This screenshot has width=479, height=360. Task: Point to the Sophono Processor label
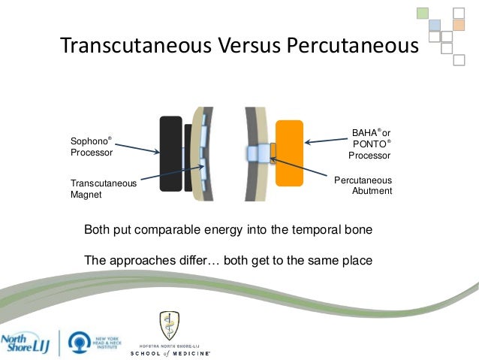[x=91, y=147]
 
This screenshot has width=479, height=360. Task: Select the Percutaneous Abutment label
[x=363, y=186]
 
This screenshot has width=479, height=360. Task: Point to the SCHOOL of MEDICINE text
[x=170, y=352]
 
